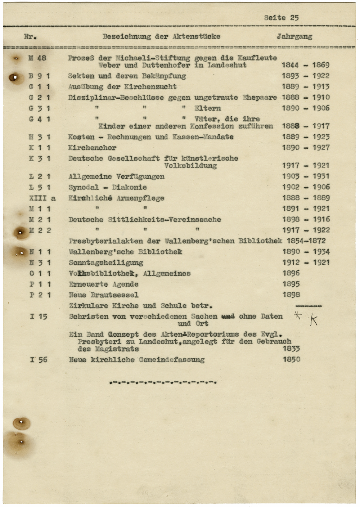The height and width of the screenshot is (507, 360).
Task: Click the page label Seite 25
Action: pyautogui.click(x=281, y=18)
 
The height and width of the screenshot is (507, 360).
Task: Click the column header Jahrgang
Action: pyautogui.click(x=294, y=36)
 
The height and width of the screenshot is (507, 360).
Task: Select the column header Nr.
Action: pyautogui.click(x=31, y=37)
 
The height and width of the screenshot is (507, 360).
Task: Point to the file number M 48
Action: pyautogui.click(x=37, y=58)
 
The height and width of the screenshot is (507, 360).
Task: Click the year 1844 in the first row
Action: pyautogui.click(x=290, y=65)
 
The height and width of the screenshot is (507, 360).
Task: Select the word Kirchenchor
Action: pyautogui.click(x=92, y=148)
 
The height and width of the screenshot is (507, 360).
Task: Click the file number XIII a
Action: pyautogui.click(x=42, y=198)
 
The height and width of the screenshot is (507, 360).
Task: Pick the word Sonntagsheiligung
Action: pyautogui.click(x=106, y=263)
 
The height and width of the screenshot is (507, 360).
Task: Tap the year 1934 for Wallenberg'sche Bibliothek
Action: pyautogui.click(x=321, y=252)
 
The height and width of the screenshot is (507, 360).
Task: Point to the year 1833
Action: pyautogui.click(x=291, y=349)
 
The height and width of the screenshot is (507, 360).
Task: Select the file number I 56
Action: pyautogui.click(x=39, y=360)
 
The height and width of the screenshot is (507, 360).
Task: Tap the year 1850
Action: pyautogui.click(x=291, y=359)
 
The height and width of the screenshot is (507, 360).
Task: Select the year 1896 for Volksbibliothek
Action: pyautogui.click(x=291, y=273)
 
